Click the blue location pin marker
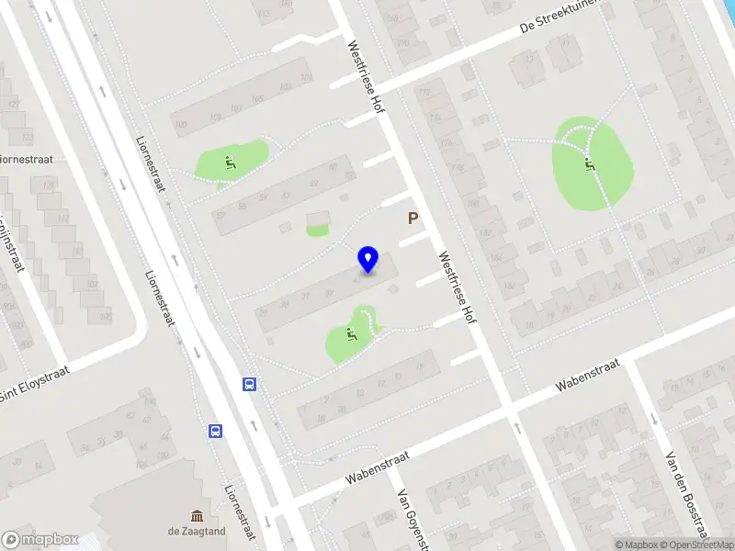point(368,259)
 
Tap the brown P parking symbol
point(413,219)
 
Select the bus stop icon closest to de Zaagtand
point(216,431)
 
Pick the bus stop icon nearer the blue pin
point(249,384)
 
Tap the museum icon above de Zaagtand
point(197,515)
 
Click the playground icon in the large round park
point(589,165)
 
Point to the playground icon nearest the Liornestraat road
point(229,163)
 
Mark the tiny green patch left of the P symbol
point(317,231)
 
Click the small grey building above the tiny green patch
point(318,219)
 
